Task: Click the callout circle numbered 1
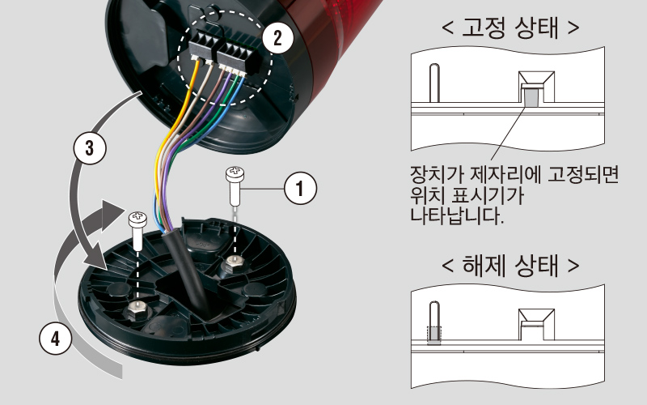[299, 189]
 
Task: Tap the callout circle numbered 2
[277, 36]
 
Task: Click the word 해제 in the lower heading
[483, 266]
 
